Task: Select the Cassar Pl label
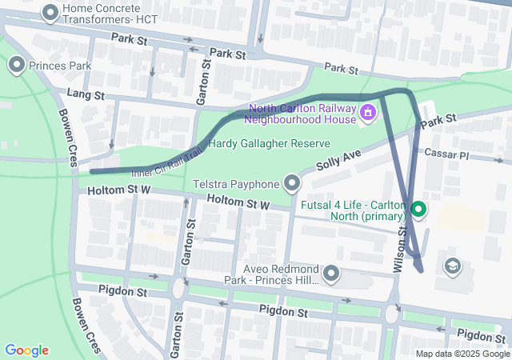click(x=446, y=153)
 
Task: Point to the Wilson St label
click(x=401, y=248)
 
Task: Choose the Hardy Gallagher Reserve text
click(x=269, y=143)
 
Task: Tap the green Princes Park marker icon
click(x=16, y=65)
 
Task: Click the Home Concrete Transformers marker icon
click(x=50, y=12)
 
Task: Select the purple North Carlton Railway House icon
click(x=368, y=114)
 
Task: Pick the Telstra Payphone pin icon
click(x=292, y=185)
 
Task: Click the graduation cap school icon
click(x=452, y=265)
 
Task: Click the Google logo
click(x=26, y=350)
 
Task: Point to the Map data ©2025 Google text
click(x=462, y=354)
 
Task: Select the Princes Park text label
click(x=60, y=65)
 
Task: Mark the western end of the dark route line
click(x=92, y=171)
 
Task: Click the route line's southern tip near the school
click(x=422, y=270)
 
